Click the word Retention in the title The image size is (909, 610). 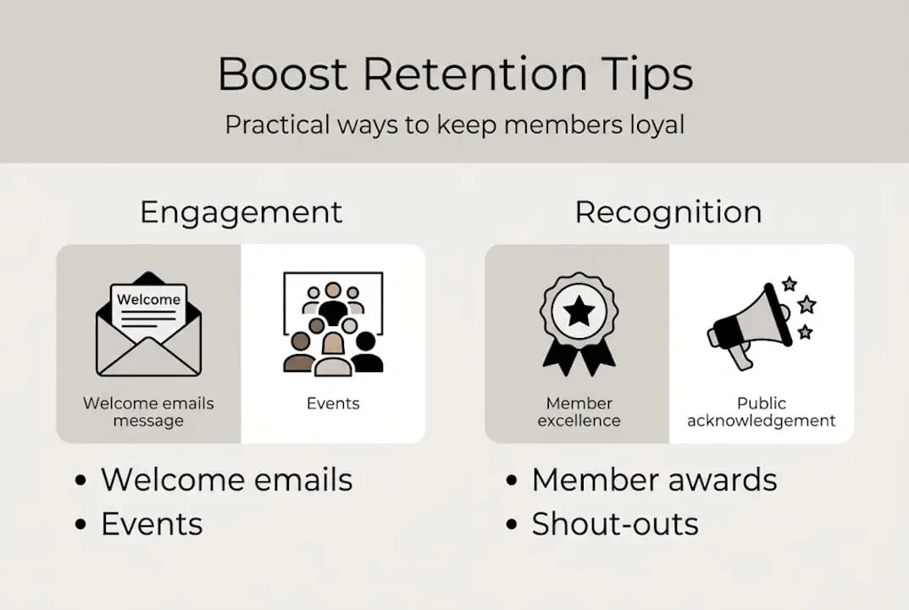pos(474,75)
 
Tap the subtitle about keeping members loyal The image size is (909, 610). pos(454,125)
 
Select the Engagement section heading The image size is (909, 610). pos(241,212)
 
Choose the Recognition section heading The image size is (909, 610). pos(668,212)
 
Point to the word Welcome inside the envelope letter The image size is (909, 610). pos(148,299)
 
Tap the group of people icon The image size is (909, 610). pos(333,325)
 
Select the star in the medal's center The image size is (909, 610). pos(579,312)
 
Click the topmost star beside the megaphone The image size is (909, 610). pos(790,283)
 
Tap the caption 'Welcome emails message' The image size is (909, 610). pos(148,412)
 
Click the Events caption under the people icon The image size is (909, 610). pos(333,403)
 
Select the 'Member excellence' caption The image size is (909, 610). pos(579,412)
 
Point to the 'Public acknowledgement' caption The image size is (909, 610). pos(761,412)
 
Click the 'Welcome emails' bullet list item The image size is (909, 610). pos(226,480)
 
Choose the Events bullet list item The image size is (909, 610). pos(152,524)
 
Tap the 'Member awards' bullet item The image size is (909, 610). pos(654,480)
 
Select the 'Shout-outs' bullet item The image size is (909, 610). pos(615,524)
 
